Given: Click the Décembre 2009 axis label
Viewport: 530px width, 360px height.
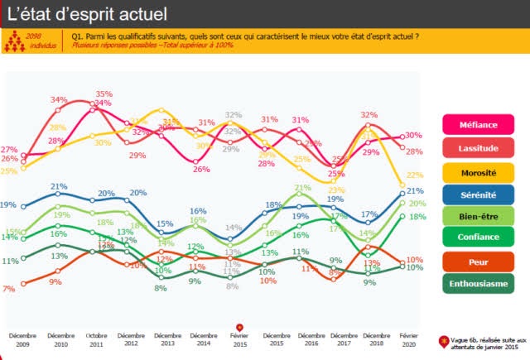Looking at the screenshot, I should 22,338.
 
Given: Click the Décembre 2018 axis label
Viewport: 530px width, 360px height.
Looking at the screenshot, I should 369,338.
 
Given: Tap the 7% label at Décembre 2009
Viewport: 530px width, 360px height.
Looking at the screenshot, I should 8,289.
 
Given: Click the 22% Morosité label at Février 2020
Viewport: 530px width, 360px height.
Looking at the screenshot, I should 415,175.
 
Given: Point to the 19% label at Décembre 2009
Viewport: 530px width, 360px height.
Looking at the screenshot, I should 8,205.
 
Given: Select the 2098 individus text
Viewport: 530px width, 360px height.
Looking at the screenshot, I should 34,41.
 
